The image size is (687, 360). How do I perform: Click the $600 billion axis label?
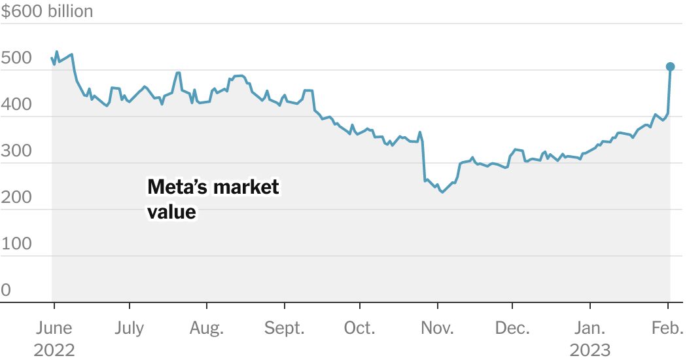point(46,11)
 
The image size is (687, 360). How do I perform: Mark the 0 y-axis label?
point(6,290)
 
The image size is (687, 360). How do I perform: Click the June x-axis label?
point(54,328)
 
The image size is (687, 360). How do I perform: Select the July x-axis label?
point(130,328)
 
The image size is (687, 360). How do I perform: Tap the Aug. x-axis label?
point(207,328)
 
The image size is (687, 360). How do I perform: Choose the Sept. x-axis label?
point(284,328)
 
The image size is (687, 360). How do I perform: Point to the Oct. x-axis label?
point(359,328)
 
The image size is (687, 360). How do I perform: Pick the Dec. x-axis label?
point(512,328)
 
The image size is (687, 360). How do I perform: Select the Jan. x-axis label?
point(590,328)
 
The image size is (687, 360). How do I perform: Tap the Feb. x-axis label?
point(668,328)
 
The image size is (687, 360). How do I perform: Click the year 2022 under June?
point(54,350)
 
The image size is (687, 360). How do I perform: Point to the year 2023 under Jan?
point(590,350)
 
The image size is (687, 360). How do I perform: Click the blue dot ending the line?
point(670,67)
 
